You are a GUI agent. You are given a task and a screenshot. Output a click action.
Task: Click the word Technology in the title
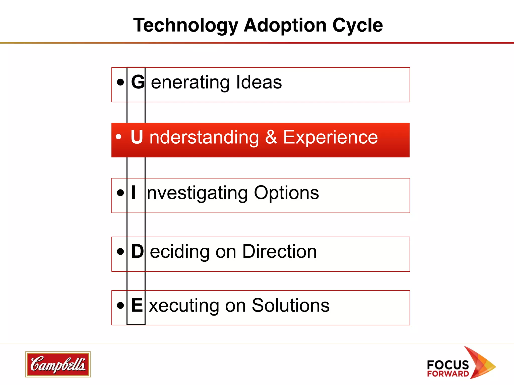tap(185, 26)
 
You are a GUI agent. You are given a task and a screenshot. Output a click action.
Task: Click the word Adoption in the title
tap(285, 25)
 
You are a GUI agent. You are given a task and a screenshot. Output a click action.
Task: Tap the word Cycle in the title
tap(357, 26)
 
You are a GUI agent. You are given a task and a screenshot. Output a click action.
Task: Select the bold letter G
tap(138, 82)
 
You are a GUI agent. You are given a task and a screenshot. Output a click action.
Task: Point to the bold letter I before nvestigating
tap(134, 192)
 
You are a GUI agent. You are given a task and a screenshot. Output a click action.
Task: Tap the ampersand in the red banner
tap(271, 137)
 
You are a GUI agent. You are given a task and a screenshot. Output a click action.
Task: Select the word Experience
tap(330, 138)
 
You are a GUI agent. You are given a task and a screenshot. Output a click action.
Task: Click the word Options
tap(286, 193)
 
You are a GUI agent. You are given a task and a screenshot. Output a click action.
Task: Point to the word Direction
tap(279, 251)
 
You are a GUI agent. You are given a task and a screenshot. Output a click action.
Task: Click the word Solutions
tap(290, 305)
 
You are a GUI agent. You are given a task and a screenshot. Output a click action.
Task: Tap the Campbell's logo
tap(58, 364)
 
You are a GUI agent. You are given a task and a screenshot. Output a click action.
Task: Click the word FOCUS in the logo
tap(448, 365)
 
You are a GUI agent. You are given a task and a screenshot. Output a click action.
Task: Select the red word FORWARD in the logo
tap(448, 374)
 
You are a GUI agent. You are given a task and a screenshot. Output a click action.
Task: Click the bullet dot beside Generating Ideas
tap(120, 82)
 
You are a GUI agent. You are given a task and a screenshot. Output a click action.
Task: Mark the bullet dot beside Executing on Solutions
tap(120, 305)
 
